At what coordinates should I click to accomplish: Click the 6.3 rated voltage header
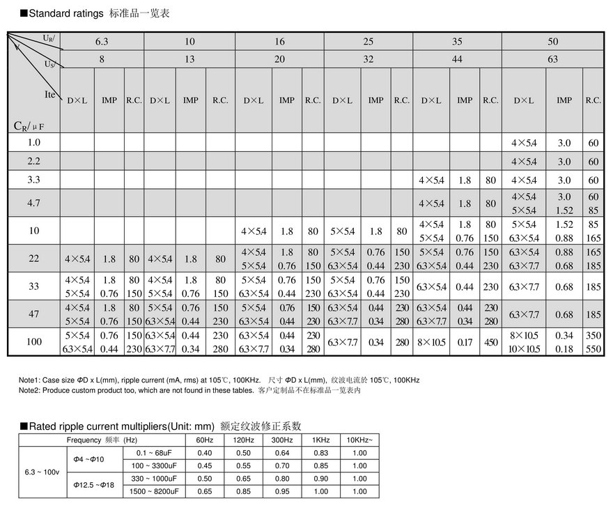pos(102,42)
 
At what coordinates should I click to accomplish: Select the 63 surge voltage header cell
pos(552,59)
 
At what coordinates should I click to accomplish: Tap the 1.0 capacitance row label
pos(34,142)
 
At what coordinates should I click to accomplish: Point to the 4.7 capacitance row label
pos(34,203)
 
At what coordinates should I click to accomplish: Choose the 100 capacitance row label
pos(34,342)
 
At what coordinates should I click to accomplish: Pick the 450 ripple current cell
pos(491,342)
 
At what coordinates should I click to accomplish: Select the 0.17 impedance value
pos(465,342)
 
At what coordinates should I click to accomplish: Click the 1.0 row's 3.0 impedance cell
pos(564,143)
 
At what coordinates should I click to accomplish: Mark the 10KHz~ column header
pos(359,440)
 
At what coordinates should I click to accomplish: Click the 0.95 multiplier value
pos(282,491)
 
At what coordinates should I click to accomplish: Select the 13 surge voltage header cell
pos(189,59)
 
